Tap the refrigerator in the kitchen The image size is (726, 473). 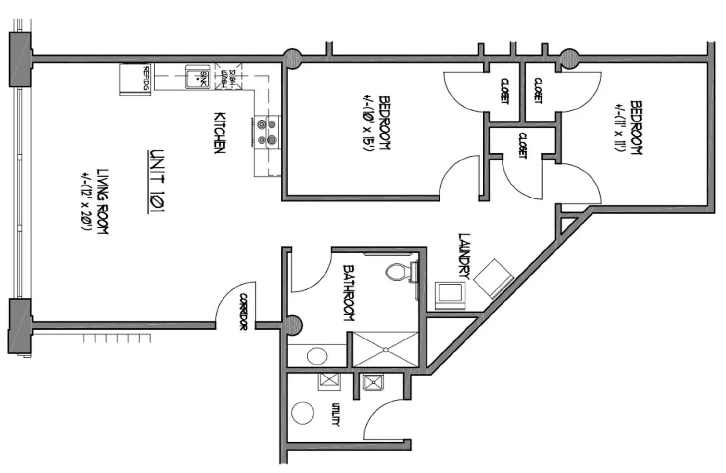(x=135, y=79)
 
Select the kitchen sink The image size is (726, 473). (x=197, y=77)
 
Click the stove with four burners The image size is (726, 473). (x=266, y=132)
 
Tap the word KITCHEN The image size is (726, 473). (x=220, y=133)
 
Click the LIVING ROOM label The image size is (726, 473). (x=103, y=201)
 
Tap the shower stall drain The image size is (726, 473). (x=386, y=350)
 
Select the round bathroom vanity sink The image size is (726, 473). (x=317, y=356)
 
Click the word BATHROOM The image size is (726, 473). (x=349, y=293)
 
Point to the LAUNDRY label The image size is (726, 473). (x=465, y=256)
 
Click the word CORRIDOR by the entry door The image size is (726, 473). (x=243, y=312)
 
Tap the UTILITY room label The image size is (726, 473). (x=336, y=414)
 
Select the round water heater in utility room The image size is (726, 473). (x=303, y=413)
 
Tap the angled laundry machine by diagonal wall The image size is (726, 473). (x=494, y=278)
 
